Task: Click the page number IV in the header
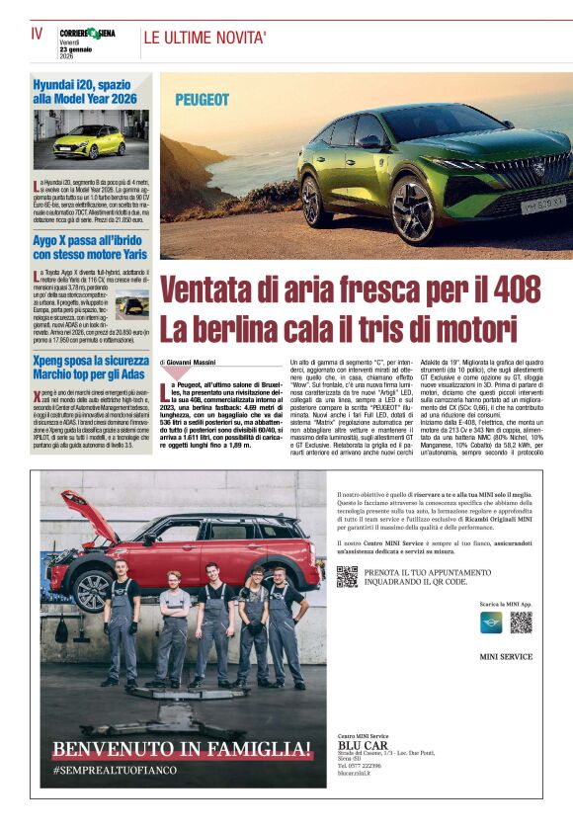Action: tap(38, 33)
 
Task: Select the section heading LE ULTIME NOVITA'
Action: tap(205, 39)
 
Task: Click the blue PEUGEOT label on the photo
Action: tap(202, 100)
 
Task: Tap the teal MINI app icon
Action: tap(491, 622)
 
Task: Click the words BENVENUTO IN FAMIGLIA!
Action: tap(183, 748)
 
